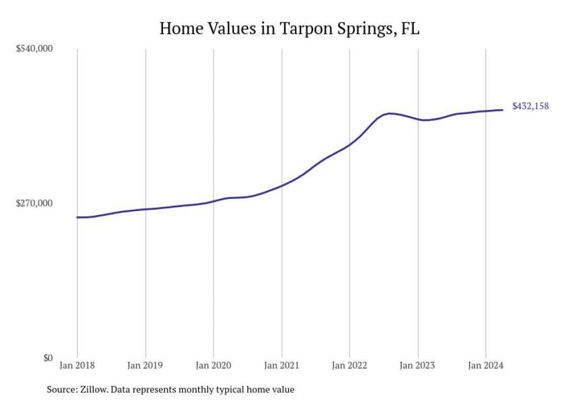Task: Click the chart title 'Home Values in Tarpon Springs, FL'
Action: [x=289, y=28]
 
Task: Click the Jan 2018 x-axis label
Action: [x=77, y=366]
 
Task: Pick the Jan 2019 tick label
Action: [x=145, y=366]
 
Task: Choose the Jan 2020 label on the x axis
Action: [x=214, y=366]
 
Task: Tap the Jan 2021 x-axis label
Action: [x=281, y=366]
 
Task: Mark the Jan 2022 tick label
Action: [x=349, y=366]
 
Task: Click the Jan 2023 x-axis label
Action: [x=418, y=366]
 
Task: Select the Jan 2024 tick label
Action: [x=486, y=366]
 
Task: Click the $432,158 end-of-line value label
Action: [x=530, y=106]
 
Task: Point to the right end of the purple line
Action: [x=504, y=110]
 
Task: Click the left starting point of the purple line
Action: [x=77, y=217]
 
